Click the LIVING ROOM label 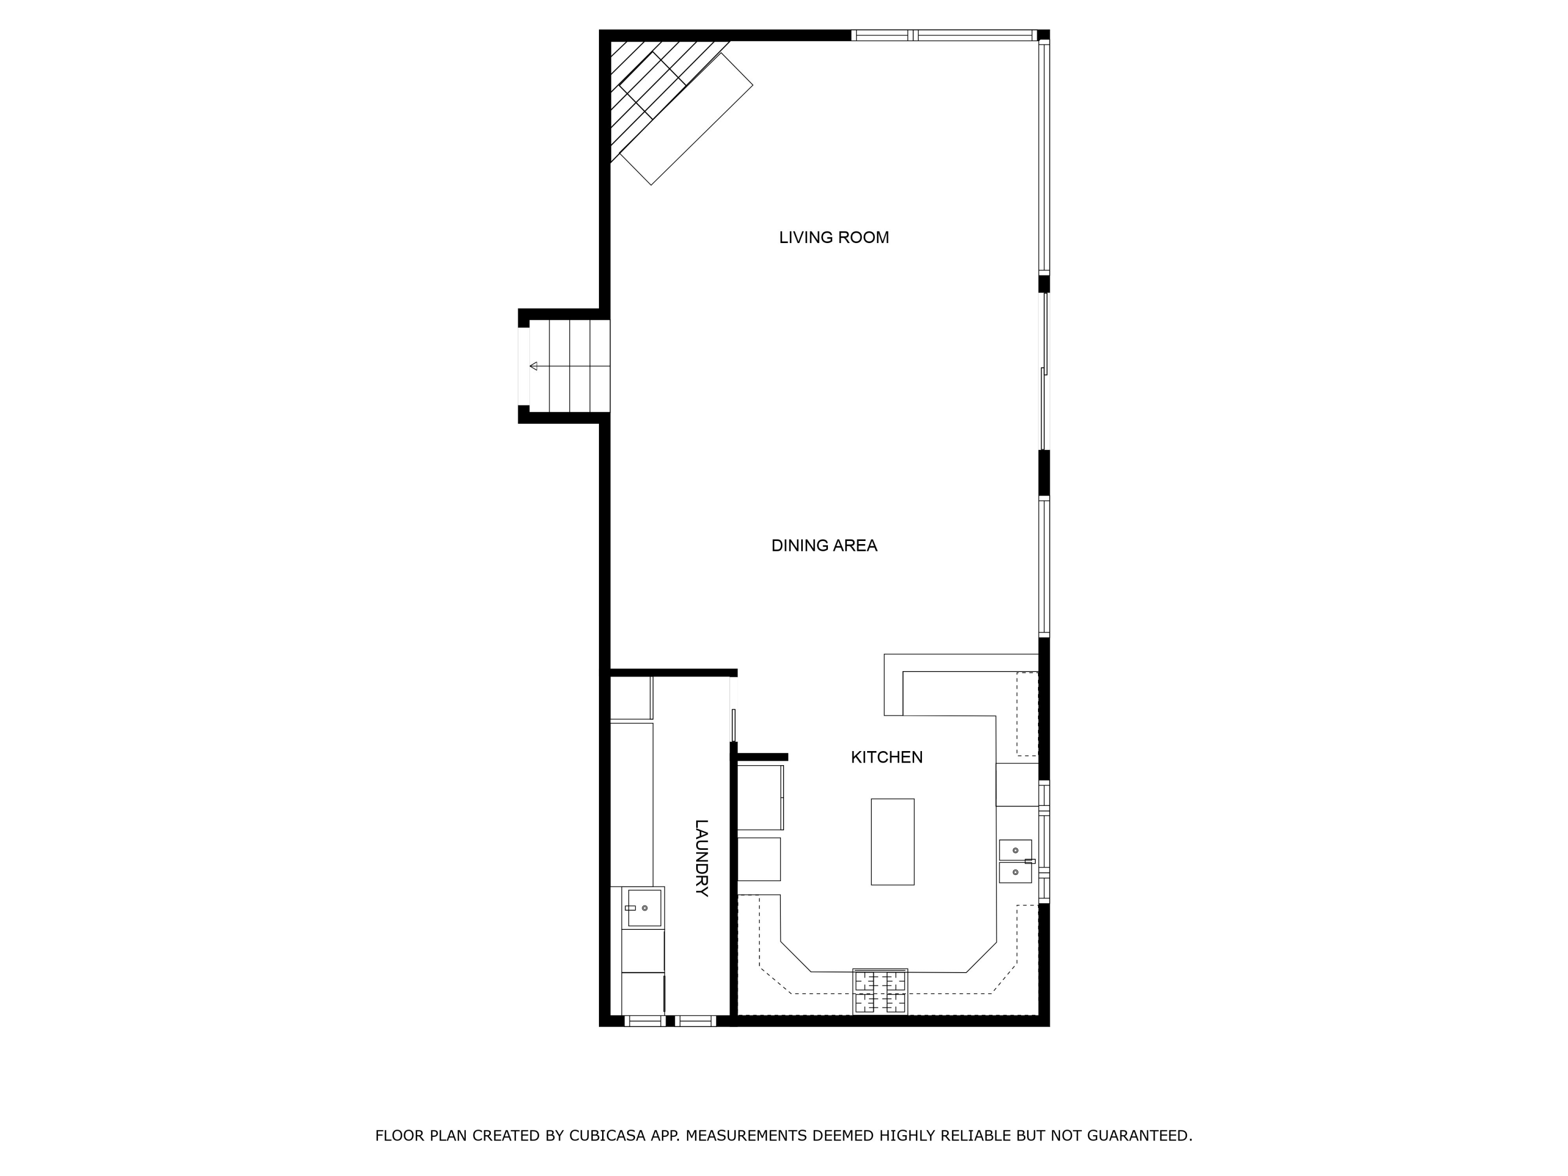834,237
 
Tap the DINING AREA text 824,545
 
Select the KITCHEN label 886,757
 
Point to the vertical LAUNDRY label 701,858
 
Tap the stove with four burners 880,991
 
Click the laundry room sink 643,908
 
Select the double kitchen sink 1015,861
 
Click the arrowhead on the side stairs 534,366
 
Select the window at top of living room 943,36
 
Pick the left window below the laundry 644,1021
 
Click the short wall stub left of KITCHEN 763,757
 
